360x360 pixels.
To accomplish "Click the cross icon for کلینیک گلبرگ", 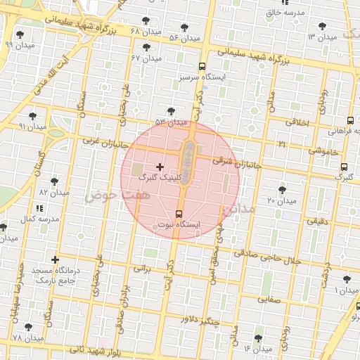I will pyautogui.click(x=160, y=167).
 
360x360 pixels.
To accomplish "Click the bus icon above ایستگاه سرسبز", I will pyautogui.click(x=203, y=65).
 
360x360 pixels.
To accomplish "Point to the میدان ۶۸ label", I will pyautogui.click(x=146, y=32).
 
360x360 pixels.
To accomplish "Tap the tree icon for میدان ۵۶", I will pyautogui.click(x=184, y=27).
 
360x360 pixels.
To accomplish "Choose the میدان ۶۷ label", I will pyautogui.click(x=146, y=58).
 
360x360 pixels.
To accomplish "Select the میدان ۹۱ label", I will pyautogui.click(x=32, y=127).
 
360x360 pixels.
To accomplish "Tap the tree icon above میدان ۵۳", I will pyautogui.click(x=171, y=111).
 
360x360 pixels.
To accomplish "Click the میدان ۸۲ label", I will pyautogui.click(x=54, y=192).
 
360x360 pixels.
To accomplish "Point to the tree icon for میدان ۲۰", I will pyautogui.click(x=282, y=190).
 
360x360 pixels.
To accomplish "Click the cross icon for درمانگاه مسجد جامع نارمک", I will pyautogui.click(x=55, y=260).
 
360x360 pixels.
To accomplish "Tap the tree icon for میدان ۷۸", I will pyautogui.click(x=27, y=327).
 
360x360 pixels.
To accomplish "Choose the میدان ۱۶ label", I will pyautogui.click(x=257, y=348).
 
